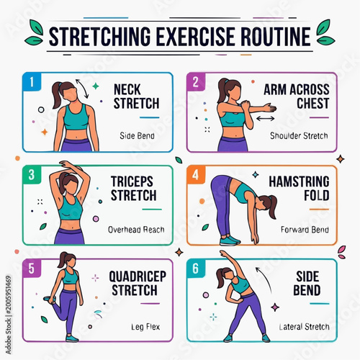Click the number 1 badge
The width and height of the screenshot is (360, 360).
[32, 82]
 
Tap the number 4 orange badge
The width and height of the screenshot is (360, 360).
[196, 175]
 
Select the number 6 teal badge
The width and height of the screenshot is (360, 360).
[196, 269]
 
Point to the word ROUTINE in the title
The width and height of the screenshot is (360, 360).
[276, 37]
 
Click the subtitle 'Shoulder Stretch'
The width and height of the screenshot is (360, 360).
[299, 136]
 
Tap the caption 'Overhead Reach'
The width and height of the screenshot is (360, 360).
[136, 230]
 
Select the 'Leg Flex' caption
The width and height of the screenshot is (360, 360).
[145, 327]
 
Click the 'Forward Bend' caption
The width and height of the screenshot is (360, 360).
[305, 230]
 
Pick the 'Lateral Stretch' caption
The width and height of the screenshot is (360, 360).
[304, 327]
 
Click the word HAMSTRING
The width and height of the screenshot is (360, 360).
[299, 181]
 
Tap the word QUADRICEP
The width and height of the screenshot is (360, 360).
[138, 276]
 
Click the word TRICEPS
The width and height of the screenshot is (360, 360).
[132, 181]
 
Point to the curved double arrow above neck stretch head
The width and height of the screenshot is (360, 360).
[83, 89]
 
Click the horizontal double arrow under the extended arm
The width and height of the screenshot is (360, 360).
[265, 118]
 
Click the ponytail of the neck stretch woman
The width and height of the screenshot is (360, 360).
[57, 95]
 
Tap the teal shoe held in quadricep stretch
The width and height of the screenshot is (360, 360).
[50, 300]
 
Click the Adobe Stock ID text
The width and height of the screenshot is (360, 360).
[9, 315]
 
